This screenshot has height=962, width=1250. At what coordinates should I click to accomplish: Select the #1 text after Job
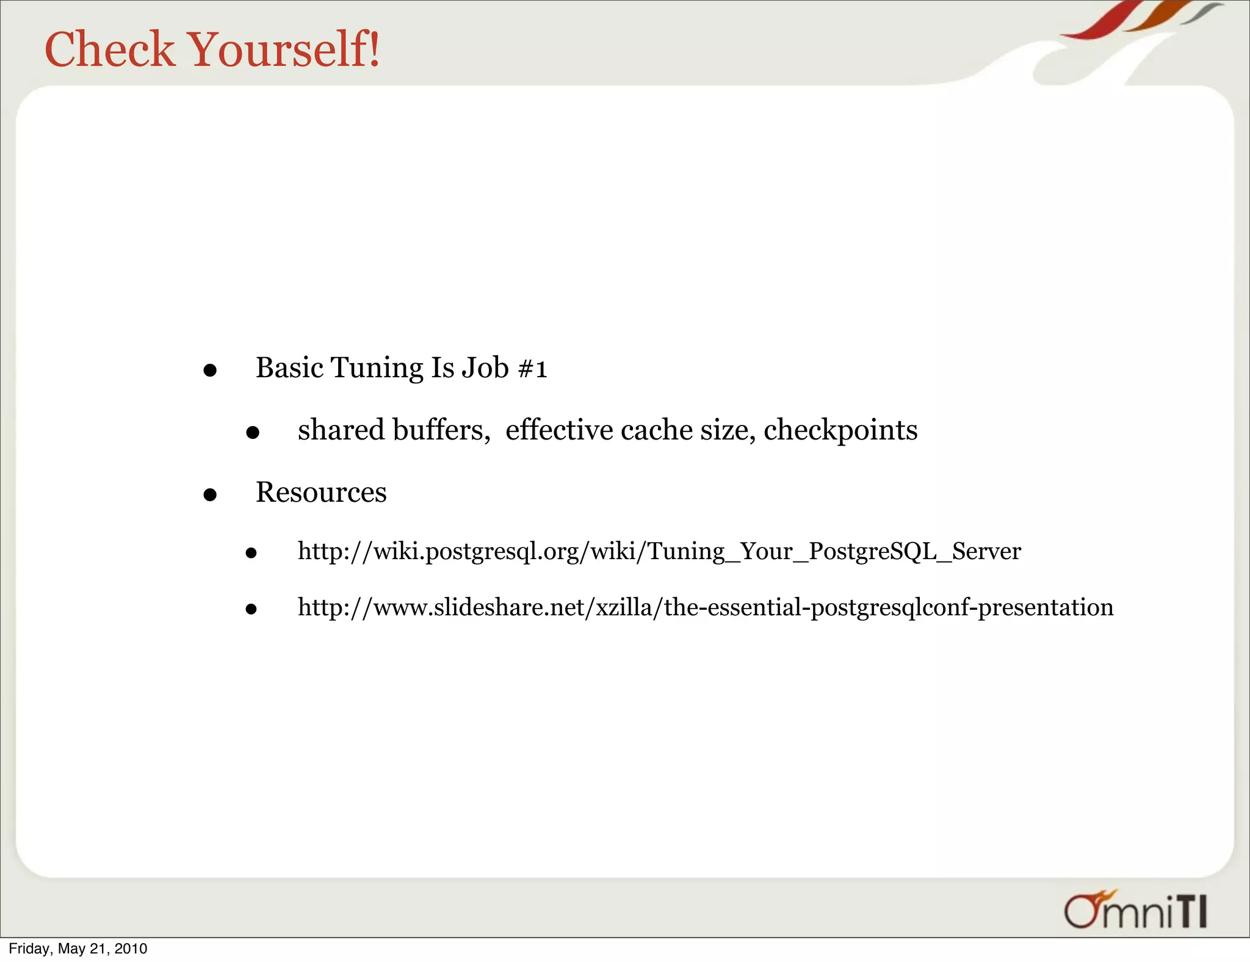tap(532, 369)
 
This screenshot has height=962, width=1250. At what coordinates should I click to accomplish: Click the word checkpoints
tap(840, 430)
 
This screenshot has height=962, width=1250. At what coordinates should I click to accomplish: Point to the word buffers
tap(441, 430)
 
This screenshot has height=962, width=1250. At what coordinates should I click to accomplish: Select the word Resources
tap(321, 492)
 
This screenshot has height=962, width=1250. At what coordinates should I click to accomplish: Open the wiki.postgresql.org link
tap(659, 551)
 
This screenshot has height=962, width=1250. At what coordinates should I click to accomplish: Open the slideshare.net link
tap(706, 607)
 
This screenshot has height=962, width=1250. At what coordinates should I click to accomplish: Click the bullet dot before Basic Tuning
tap(210, 371)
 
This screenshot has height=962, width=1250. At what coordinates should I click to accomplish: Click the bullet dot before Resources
tap(210, 494)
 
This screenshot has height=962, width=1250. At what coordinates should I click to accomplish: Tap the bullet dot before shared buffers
tap(253, 433)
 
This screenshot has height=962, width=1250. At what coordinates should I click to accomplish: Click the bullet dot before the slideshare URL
tap(251, 609)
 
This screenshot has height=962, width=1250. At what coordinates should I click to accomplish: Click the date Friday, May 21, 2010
tap(78, 949)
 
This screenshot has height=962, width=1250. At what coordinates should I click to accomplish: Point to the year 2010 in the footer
tap(131, 949)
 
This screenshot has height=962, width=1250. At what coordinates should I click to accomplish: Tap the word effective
tap(559, 430)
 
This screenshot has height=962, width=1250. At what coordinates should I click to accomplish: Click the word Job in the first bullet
tap(485, 368)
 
